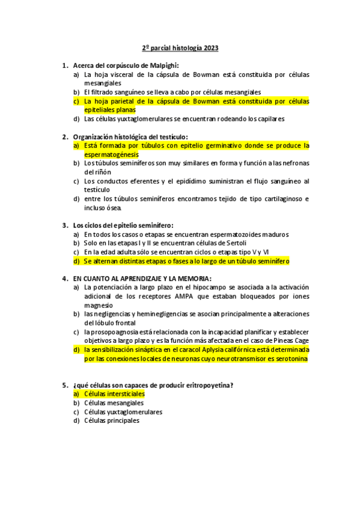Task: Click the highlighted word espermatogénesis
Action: [111, 155]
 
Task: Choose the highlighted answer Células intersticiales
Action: [115, 394]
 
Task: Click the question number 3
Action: [65, 225]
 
